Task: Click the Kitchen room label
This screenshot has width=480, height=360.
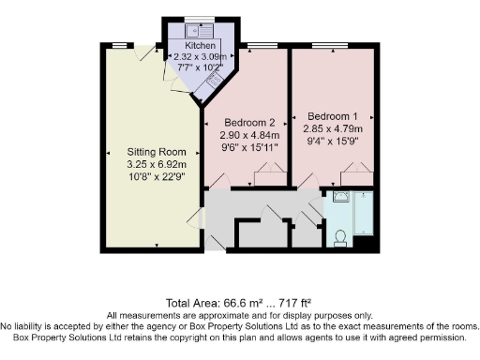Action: [x=201, y=45]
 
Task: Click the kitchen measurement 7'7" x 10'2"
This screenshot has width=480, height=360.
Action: [x=201, y=67]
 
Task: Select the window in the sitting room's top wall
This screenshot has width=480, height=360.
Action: [x=120, y=44]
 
